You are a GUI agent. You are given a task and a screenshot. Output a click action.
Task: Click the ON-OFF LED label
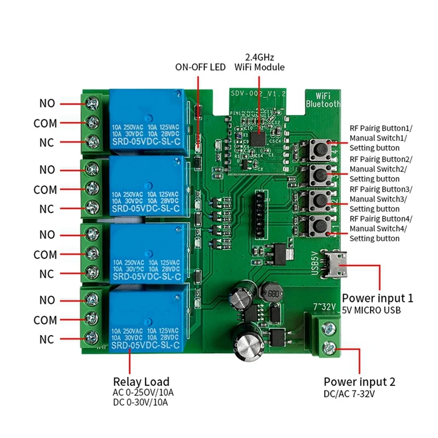tap(200, 68)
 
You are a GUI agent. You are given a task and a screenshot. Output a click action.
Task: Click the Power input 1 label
tap(377, 298)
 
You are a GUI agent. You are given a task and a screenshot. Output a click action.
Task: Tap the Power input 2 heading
tap(359, 382)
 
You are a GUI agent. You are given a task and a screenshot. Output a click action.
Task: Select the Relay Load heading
tap(141, 382)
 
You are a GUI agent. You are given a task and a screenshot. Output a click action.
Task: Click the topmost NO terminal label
tap(47, 103)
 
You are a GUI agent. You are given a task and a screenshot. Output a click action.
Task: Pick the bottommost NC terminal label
tap(47, 339)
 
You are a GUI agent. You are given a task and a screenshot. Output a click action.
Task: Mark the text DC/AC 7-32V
tap(351, 394)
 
